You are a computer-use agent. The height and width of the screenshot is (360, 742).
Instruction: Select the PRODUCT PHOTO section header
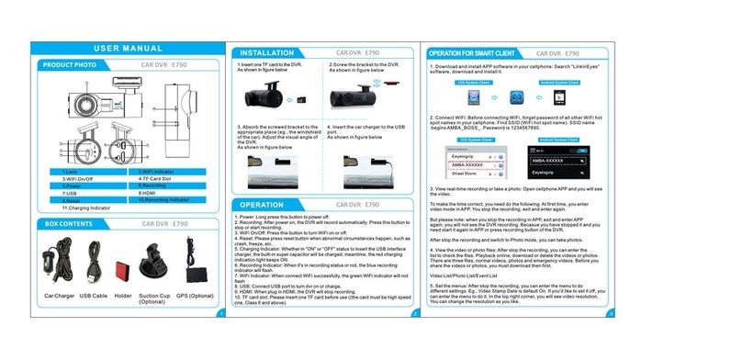click(x=69, y=65)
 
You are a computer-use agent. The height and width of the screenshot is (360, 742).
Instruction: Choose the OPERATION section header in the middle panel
click(x=266, y=204)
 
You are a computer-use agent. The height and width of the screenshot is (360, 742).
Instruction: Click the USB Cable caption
click(x=94, y=297)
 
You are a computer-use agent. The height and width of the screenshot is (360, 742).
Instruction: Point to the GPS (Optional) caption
click(x=195, y=297)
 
